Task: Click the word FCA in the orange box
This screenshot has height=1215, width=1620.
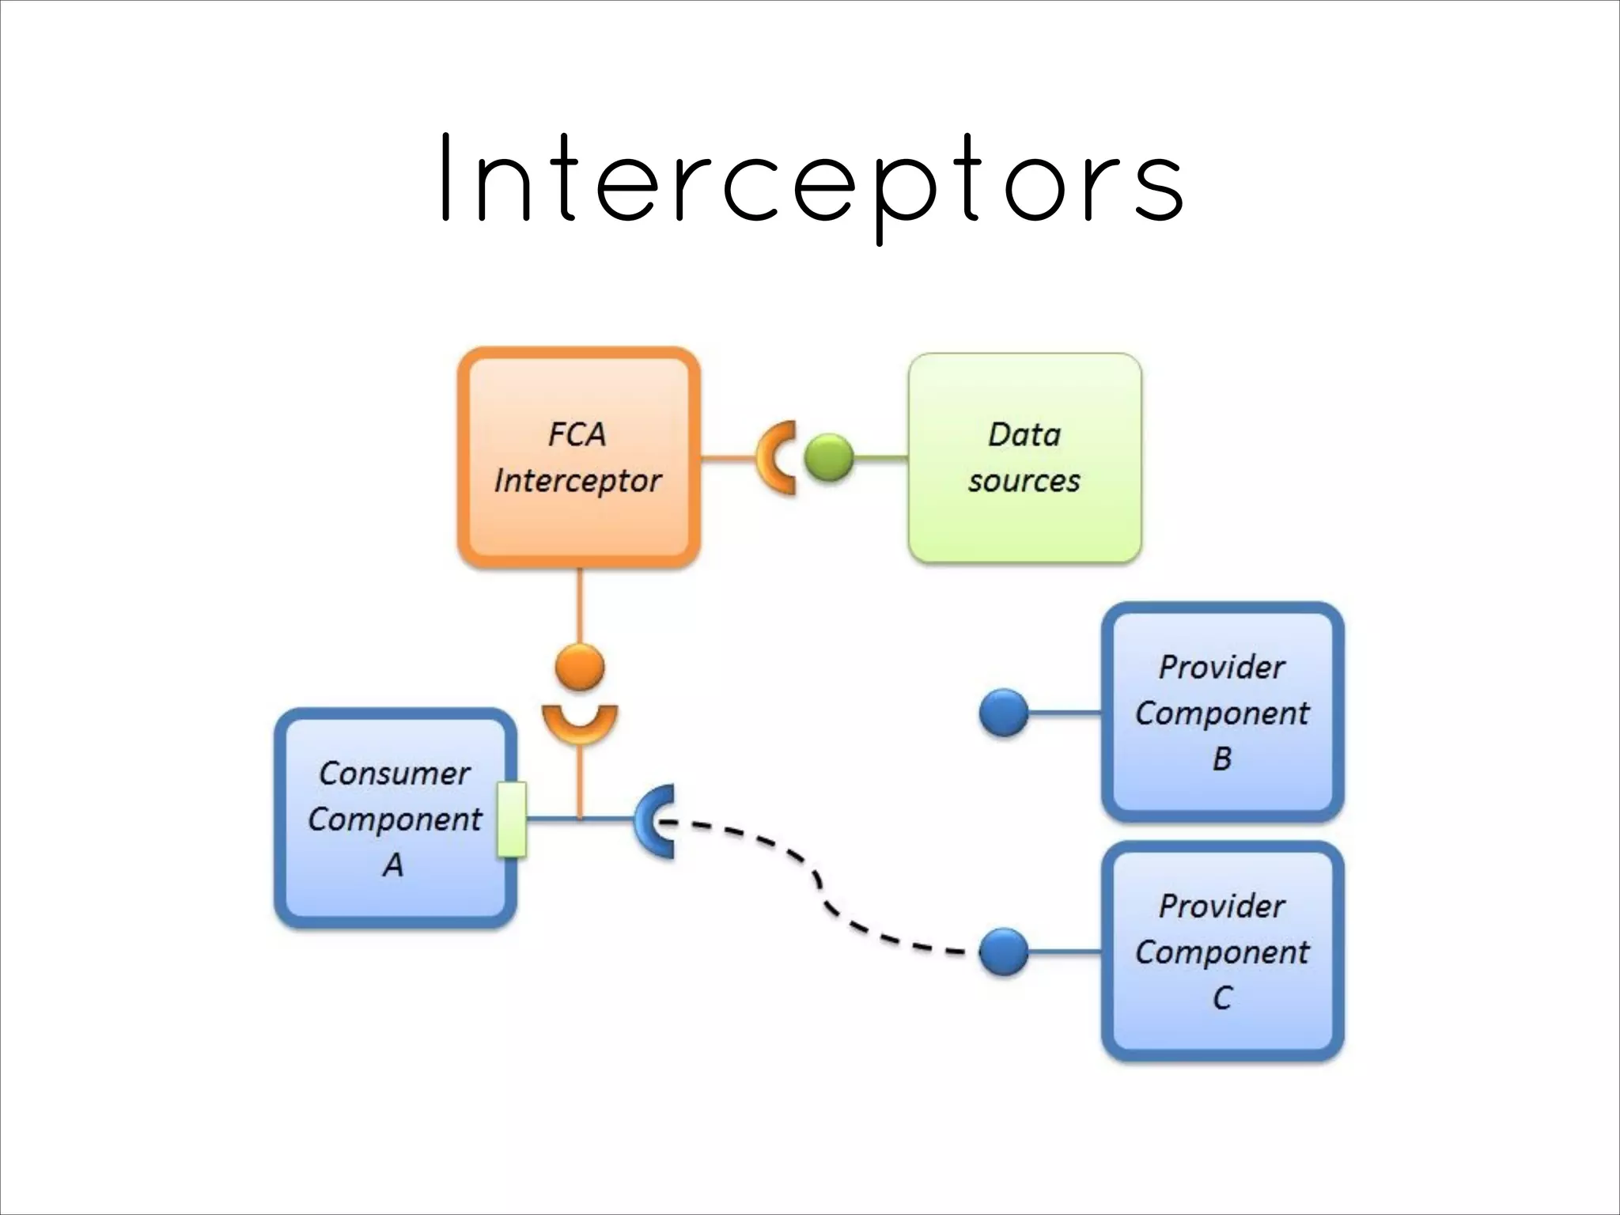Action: point(577,434)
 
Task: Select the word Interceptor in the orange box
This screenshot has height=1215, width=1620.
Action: point(577,481)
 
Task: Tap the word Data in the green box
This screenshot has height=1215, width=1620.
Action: point(1024,434)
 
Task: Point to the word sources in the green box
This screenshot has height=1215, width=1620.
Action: point(1024,481)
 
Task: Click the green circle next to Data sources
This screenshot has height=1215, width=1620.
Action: point(829,458)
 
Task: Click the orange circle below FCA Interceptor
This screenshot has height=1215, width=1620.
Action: point(580,667)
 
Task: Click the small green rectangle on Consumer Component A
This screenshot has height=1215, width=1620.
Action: point(512,819)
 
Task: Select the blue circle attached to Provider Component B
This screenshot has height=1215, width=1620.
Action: point(1004,713)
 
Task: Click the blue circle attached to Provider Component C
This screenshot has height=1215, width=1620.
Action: point(1004,952)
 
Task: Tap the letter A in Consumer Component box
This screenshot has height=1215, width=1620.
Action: point(393,865)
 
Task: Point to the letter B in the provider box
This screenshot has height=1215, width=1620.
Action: point(1222,759)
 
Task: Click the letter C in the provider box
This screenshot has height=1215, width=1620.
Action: point(1222,997)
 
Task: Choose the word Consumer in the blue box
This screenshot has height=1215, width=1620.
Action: point(394,773)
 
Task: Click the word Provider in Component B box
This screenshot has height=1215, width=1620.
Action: point(1221,667)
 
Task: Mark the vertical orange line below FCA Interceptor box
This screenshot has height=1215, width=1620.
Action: point(580,605)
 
